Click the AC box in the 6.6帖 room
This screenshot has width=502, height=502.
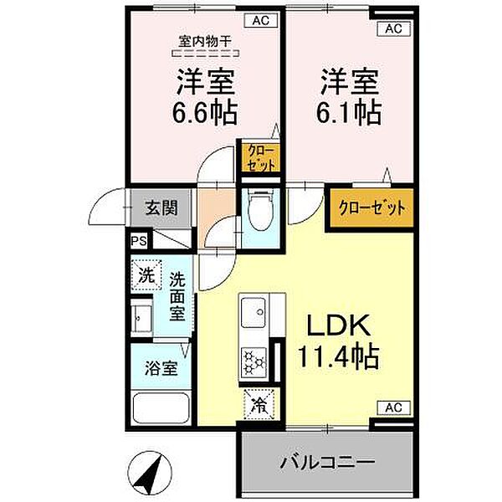coord(260,20)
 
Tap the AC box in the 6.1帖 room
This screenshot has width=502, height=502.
coord(393,28)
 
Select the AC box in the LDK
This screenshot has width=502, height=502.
coord(393,407)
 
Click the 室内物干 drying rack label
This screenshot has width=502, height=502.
coord(205,41)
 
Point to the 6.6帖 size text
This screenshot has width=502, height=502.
coord(205,113)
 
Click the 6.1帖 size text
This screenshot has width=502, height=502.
coord(349,113)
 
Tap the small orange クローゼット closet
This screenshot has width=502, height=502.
coord(260,158)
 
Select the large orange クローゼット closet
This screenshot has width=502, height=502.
coord(371,208)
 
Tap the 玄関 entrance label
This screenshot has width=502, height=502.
coord(161,208)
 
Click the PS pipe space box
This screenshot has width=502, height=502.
coord(139,241)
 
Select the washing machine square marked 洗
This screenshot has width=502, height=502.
coord(146,275)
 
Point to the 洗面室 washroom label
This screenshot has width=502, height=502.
coord(177,296)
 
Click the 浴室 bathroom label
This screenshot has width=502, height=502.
coord(161,368)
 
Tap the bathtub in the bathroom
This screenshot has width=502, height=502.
coord(161,409)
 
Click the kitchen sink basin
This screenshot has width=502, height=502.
coord(254,312)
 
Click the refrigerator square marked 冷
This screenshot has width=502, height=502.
coord(259,404)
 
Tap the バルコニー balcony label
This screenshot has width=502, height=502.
coord(327,461)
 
